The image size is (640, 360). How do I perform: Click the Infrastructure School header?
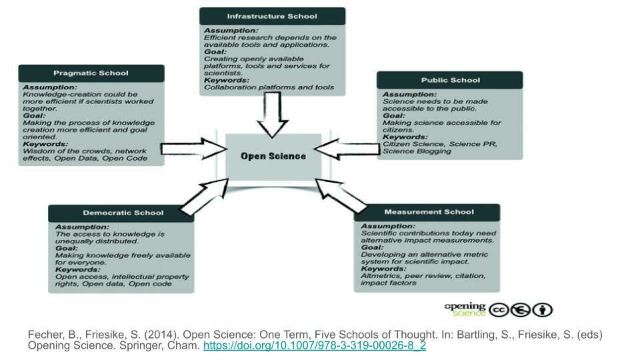pyautogui.click(x=272, y=16)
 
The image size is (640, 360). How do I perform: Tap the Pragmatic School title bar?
pyautogui.click(x=91, y=73)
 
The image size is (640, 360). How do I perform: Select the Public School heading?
pyautogui.click(x=450, y=80)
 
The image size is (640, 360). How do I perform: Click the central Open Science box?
pyautogui.click(x=273, y=156)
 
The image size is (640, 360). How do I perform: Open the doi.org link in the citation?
pyautogui.click(x=314, y=346)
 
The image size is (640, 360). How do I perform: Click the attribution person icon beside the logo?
pyautogui.click(x=543, y=310)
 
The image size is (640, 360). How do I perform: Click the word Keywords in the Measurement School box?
pyautogui.click(x=383, y=269)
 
